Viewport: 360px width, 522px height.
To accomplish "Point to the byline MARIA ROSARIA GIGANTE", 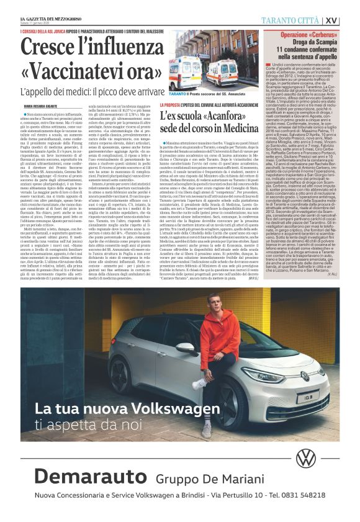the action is click(38, 106).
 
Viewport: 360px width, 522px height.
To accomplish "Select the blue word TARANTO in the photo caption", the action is click(178, 92).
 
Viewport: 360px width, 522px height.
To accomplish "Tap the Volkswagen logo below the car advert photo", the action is click(305, 459).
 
